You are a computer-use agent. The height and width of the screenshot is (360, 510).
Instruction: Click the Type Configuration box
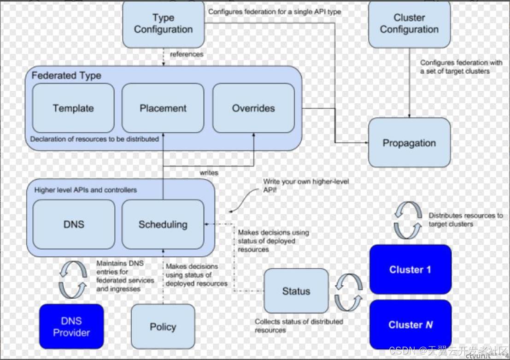163,24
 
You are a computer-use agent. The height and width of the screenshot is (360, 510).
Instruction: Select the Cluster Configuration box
409,24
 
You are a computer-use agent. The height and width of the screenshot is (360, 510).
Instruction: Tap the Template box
73,108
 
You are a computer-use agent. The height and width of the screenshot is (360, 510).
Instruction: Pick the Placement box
163,108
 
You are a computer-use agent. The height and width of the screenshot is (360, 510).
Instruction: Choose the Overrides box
253,108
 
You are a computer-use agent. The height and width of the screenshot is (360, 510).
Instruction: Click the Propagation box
409,142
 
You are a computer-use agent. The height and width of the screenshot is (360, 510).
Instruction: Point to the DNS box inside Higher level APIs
74,224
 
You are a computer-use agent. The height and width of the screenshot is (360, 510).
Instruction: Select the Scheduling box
163,224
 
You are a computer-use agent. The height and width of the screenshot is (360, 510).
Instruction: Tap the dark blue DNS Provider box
71,326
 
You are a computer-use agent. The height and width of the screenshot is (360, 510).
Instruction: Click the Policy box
163,326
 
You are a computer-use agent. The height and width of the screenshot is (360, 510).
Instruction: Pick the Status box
296,291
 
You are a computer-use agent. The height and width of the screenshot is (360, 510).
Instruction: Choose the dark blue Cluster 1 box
410,270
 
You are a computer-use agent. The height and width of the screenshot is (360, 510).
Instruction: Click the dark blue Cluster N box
410,325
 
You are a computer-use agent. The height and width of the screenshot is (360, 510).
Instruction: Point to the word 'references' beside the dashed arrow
187,54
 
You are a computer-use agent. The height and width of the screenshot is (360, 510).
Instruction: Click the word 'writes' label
209,172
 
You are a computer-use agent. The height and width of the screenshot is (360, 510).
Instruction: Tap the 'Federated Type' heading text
66,76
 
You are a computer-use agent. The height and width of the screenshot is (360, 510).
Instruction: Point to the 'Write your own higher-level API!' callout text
306,186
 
